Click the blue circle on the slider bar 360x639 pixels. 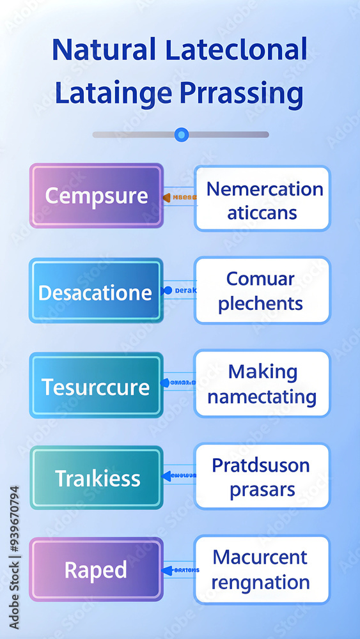[182, 134]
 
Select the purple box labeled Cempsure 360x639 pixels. [97, 196]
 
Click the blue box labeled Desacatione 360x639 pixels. [95, 292]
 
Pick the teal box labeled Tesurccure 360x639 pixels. [96, 386]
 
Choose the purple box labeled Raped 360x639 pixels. [96, 569]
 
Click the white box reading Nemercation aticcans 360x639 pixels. [263, 199]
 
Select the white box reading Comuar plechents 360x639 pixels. [262, 291]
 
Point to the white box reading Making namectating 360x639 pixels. [262, 384]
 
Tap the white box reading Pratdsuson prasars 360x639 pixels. [262, 477]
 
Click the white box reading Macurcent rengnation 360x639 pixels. [262, 569]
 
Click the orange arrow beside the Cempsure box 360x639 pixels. [167, 198]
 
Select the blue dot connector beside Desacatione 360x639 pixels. [168, 290]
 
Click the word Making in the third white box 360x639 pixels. [263, 371]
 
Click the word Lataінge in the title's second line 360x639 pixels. [113, 93]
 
